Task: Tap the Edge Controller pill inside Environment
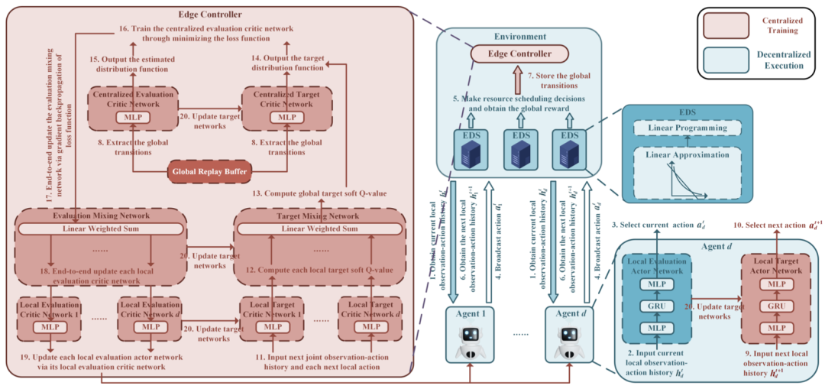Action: click(519, 53)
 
